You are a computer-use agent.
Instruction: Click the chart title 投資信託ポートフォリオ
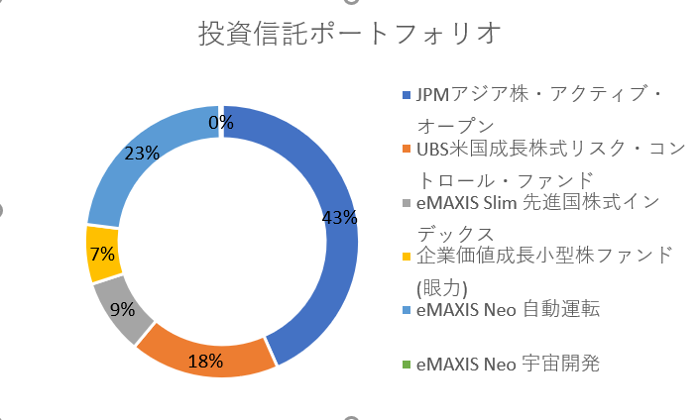(x=350, y=34)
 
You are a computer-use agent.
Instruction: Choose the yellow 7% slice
(x=103, y=255)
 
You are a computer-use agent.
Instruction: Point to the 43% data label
(x=339, y=218)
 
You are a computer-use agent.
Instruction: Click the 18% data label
(x=205, y=362)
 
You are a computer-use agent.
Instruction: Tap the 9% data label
(x=122, y=309)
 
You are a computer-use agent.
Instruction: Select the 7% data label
(x=103, y=255)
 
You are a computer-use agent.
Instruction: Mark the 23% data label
(x=142, y=154)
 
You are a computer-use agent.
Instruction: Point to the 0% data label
(x=221, y=122)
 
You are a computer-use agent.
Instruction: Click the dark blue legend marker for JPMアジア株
(x=407, y=95)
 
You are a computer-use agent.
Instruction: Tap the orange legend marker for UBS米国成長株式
(x=407, y=149)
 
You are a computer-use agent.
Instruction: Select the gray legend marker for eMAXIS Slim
(x=407, y=203)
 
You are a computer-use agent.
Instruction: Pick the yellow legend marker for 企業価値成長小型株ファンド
(x=407, y=257)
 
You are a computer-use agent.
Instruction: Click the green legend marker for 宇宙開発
(x=407, y=365)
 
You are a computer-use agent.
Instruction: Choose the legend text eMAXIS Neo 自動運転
(x=508, y=309)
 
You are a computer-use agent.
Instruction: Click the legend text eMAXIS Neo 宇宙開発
(x=508, y=365)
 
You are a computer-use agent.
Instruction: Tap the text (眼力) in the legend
(x=442, y=288)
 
